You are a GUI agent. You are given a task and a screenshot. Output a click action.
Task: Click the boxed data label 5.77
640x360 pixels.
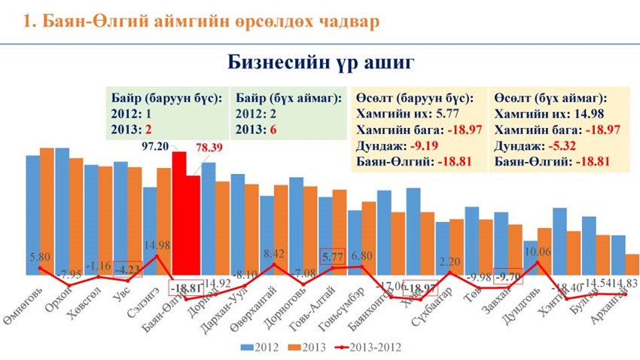[332, 256]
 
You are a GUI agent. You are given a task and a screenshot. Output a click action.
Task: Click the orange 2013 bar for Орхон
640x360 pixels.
[76, 218]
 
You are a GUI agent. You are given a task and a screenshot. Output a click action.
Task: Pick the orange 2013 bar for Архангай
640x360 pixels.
[632, 267]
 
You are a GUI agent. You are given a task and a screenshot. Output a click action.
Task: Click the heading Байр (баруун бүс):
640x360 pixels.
[166, 99]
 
